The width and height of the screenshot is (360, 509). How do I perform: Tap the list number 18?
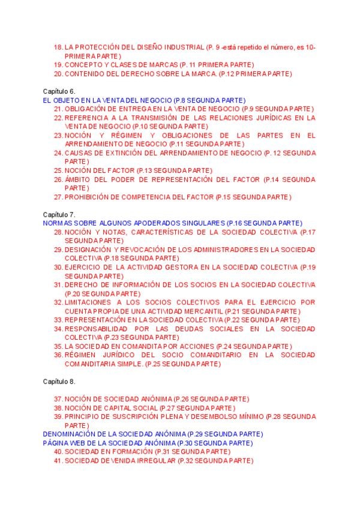(x=58, y=47)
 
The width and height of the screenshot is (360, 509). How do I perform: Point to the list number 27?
(x=58, y=197)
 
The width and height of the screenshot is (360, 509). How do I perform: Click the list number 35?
(x=58, y=346)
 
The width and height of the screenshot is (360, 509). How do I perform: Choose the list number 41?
(x=58, y=460)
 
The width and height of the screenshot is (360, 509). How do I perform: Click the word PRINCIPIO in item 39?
(x=81, y=416)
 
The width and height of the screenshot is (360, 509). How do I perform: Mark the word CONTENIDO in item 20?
(x=84, y=73)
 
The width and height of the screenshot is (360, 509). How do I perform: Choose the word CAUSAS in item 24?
(x=77, y=152)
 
